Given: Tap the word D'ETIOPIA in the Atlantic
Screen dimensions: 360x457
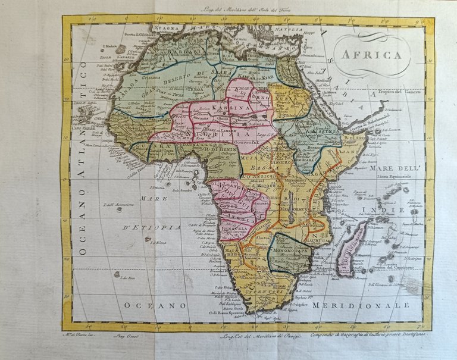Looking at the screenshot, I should pos(152,228).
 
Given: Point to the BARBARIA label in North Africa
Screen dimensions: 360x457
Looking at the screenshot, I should pos(178,51).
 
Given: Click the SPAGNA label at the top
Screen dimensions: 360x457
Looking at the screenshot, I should pos(166,27).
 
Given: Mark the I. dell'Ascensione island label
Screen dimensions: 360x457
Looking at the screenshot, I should pos(117,205).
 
